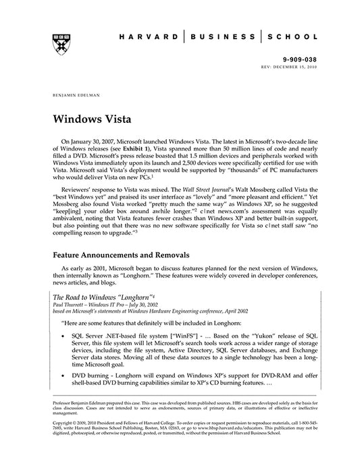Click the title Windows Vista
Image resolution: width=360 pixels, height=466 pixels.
(91, 118)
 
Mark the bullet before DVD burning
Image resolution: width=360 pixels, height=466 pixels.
(63, 382)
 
